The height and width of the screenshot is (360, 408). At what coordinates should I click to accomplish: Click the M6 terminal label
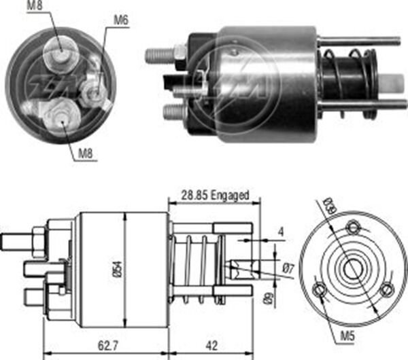point(120,20)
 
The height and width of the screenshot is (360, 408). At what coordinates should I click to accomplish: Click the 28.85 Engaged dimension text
point(214,195)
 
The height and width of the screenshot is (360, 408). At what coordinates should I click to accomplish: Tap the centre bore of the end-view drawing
point(352,270)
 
